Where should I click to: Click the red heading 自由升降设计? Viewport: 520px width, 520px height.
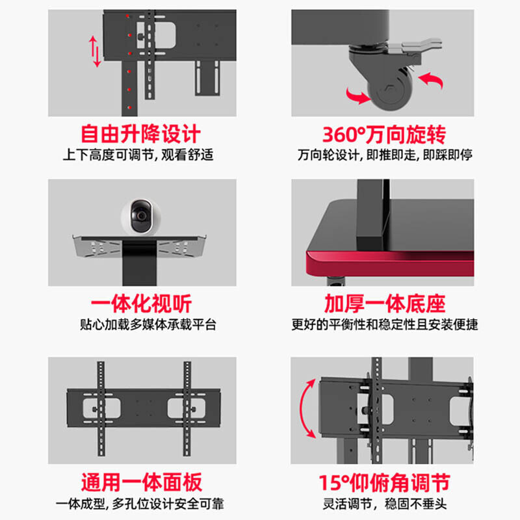140,134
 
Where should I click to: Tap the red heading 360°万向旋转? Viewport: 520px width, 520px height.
384,135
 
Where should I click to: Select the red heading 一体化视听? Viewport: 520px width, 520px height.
141,304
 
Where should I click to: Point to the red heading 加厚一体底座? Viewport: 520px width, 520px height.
385,304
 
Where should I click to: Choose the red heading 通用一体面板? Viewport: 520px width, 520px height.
142,482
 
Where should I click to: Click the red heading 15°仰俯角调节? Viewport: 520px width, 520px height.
384,482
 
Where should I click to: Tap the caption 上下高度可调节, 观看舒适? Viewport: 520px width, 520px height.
138,155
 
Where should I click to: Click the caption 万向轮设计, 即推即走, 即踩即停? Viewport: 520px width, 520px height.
385,155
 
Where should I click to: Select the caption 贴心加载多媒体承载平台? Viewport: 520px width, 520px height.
148,324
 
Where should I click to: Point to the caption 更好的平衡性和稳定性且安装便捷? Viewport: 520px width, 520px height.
385,324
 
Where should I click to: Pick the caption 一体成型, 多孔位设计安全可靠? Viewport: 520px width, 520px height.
140,504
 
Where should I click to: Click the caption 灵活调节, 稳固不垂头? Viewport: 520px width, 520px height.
385,504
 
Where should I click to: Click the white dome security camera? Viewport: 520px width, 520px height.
141,216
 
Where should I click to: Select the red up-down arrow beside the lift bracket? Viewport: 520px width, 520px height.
94,51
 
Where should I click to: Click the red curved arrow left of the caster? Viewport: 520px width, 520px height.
357,96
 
